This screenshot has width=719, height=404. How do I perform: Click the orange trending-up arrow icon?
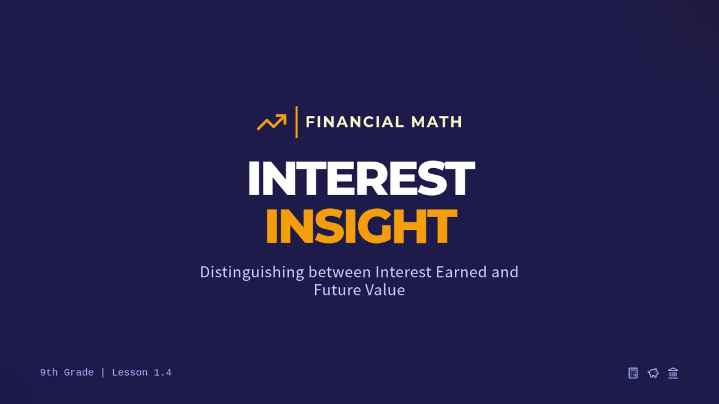pyautogui.click(x=271, y=122)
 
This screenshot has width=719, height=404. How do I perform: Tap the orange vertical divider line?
pyautogui.click(x=296, y=122)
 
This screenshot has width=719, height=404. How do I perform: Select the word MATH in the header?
pyautogui.click(x=437, y=122)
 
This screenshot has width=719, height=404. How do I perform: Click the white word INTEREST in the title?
pyautogui.click(x=361, y=178)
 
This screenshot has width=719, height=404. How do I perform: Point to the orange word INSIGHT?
pyautogui.click(x=361, y=226)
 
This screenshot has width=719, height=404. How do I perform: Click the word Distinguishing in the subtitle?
pyautogui.click(x=252, y=272)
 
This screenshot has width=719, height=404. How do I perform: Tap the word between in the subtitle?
pyautogui.click(x=340, y=272)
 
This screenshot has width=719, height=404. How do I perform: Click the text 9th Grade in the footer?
pyautogui.click(x=67, y=372)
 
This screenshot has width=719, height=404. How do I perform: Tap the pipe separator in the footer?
pyautogui.click(x=102, y=372)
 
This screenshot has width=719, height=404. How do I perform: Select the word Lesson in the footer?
pyautogui.click(x=129, y=372)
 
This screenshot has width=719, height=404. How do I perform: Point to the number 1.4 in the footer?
pyautogui.click(x=163, y=372)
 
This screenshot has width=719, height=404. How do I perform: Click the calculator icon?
pyautogui.click(x=633, y=373)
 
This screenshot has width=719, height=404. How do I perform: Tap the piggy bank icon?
pyautogui.click(x=653, y=373)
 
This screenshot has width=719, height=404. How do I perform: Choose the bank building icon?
pyautogui.click(x=673, y=373)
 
